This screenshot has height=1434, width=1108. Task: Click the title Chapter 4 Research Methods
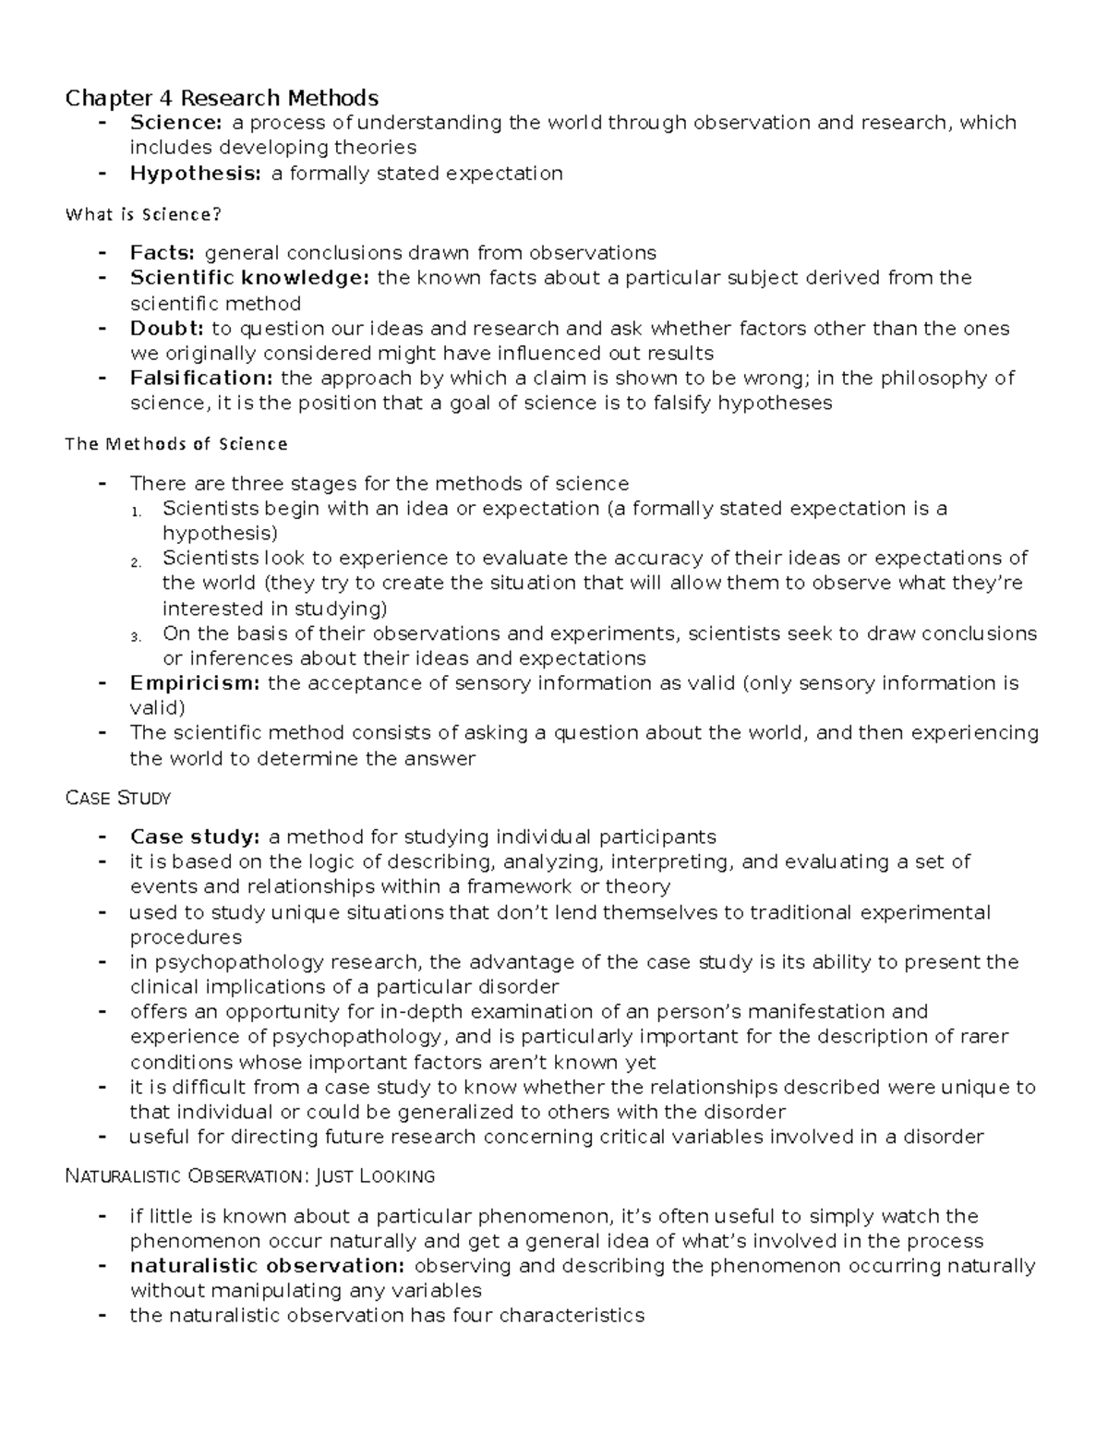(x=222, y=98)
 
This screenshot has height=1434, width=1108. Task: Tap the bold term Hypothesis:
(x=196, y=173)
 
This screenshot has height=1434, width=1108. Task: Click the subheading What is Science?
(x=143, y=214)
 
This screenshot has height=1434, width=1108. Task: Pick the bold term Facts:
(x=163, y=253)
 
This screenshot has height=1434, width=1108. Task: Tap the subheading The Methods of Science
(x=176, y=444)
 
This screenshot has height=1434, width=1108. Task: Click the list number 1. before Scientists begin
(x=136, y=511)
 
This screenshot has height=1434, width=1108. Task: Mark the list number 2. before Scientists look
(x=136, y=560)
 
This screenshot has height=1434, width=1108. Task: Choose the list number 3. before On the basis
(x=136, y=636)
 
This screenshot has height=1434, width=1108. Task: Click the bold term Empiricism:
(x=195, y=683)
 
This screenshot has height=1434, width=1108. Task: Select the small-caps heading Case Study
(x=118, y=798)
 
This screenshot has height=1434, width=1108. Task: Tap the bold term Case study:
(x=195, y=837)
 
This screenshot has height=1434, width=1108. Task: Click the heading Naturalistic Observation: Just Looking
(x=250, y=1176)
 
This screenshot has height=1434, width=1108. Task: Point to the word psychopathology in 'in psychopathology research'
(x=233, y=962)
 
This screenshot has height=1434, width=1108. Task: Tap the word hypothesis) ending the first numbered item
(x=220, y=534)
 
